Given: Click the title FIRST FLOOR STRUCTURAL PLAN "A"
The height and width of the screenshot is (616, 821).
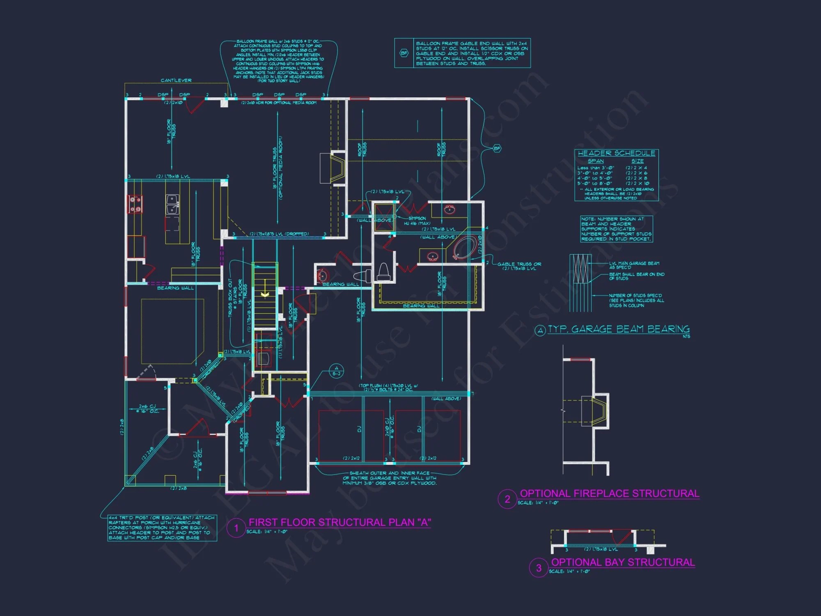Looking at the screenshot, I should tap(339, 522).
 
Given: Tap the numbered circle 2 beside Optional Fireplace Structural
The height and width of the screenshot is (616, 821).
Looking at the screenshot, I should tap(507, 499).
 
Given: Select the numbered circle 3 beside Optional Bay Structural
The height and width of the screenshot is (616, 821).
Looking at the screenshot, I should tap(539, 568).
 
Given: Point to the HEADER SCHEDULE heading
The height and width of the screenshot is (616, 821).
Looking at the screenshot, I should tap(616, 153).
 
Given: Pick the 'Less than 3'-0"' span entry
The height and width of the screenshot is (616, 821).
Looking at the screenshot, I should tap(596, 168).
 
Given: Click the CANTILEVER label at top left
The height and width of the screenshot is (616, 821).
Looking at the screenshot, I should tap(176, 80).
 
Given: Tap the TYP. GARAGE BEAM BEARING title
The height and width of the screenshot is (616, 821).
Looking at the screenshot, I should tap(619, 329).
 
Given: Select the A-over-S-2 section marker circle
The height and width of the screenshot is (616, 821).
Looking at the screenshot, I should tap(336, 371).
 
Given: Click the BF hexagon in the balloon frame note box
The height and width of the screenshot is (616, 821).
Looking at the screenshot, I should tap(404, 53).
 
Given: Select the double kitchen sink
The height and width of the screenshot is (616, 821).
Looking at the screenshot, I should tap(172, 204).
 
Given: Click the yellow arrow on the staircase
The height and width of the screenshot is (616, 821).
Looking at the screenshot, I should tap(265, 294).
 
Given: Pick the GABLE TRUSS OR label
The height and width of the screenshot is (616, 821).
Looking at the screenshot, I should tap(519, 264).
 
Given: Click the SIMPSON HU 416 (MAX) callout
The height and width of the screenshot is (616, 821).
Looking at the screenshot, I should tap(417, 221).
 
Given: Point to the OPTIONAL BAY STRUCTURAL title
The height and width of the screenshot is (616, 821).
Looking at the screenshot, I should tap(623, 562).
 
